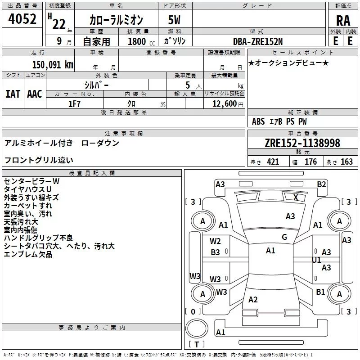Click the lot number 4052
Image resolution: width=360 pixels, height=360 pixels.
pyautogui.click(x=22, y=20)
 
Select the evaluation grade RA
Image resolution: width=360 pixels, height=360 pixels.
pyautogui.click(x=343, y=21)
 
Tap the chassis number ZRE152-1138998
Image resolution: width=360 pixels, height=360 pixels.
pyautogui.click(x=302, y=144)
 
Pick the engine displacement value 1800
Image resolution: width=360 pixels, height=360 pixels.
pyautogui.click(x=136, y=41)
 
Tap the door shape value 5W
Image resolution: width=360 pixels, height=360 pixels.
pyautogui.click(x=175, y=21)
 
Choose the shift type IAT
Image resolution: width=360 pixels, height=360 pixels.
pyautogui.click(x=13, y=94)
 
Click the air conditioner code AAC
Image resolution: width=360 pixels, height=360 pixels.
pyautogui.click(x=34, y=94)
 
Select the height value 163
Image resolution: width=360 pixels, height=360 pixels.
pyautogui.click(x=346, y=162)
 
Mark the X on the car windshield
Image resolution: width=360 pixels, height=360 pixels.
pyautogui.click(x=296, y=197)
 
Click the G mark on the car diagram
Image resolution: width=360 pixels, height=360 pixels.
pyautogui.click(x=284, y=237)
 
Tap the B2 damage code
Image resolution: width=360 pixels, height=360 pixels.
pyautogui.click(x=321, y=184)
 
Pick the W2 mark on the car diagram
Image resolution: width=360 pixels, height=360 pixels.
pyautogui.click(x=216, y=241)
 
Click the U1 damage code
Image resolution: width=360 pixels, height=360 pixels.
pyautogui.click(x=316, y=260)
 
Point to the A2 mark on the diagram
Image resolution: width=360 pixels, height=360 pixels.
pyautogui.click(x=253, y=300)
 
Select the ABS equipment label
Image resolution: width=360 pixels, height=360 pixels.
pyautogui.click(x=258, y=121)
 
